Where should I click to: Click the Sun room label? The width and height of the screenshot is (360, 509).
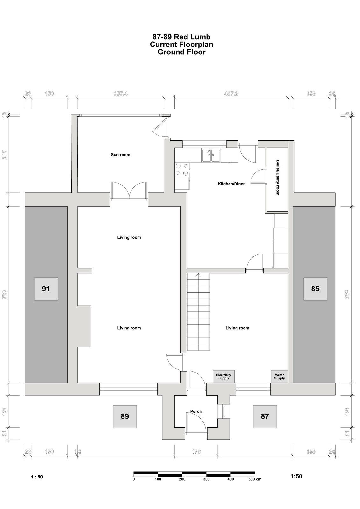point(121,155)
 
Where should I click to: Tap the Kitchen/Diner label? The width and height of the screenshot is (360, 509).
point(231,184)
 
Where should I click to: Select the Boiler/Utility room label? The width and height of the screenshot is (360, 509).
point(278,178)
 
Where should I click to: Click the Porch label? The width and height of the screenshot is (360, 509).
point(196,412)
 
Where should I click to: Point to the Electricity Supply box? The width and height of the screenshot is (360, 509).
point(223,377)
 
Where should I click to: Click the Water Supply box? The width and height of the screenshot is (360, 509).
point(279,377)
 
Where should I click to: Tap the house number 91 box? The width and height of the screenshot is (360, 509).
point(46,289)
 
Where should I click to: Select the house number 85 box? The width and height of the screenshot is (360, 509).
point(315,289)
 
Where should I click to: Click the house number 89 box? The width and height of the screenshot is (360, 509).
point(125,416)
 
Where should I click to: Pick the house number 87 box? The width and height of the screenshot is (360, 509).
point(265,416)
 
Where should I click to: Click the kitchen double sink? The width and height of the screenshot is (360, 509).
point(211,156)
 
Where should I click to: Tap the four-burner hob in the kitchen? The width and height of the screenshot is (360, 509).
point(182,170)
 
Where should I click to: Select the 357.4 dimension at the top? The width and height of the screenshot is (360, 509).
point(121,94)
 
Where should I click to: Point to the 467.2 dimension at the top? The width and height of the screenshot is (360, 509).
point(231,94)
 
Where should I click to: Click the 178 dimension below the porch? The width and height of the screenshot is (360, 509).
point(196,451)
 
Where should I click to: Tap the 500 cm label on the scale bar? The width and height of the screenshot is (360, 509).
point(255,479)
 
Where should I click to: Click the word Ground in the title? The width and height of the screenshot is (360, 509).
point(168,52)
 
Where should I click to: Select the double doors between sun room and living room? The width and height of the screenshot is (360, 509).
point(129,191)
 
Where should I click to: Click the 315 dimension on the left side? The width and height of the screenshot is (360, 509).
point(4,155)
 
